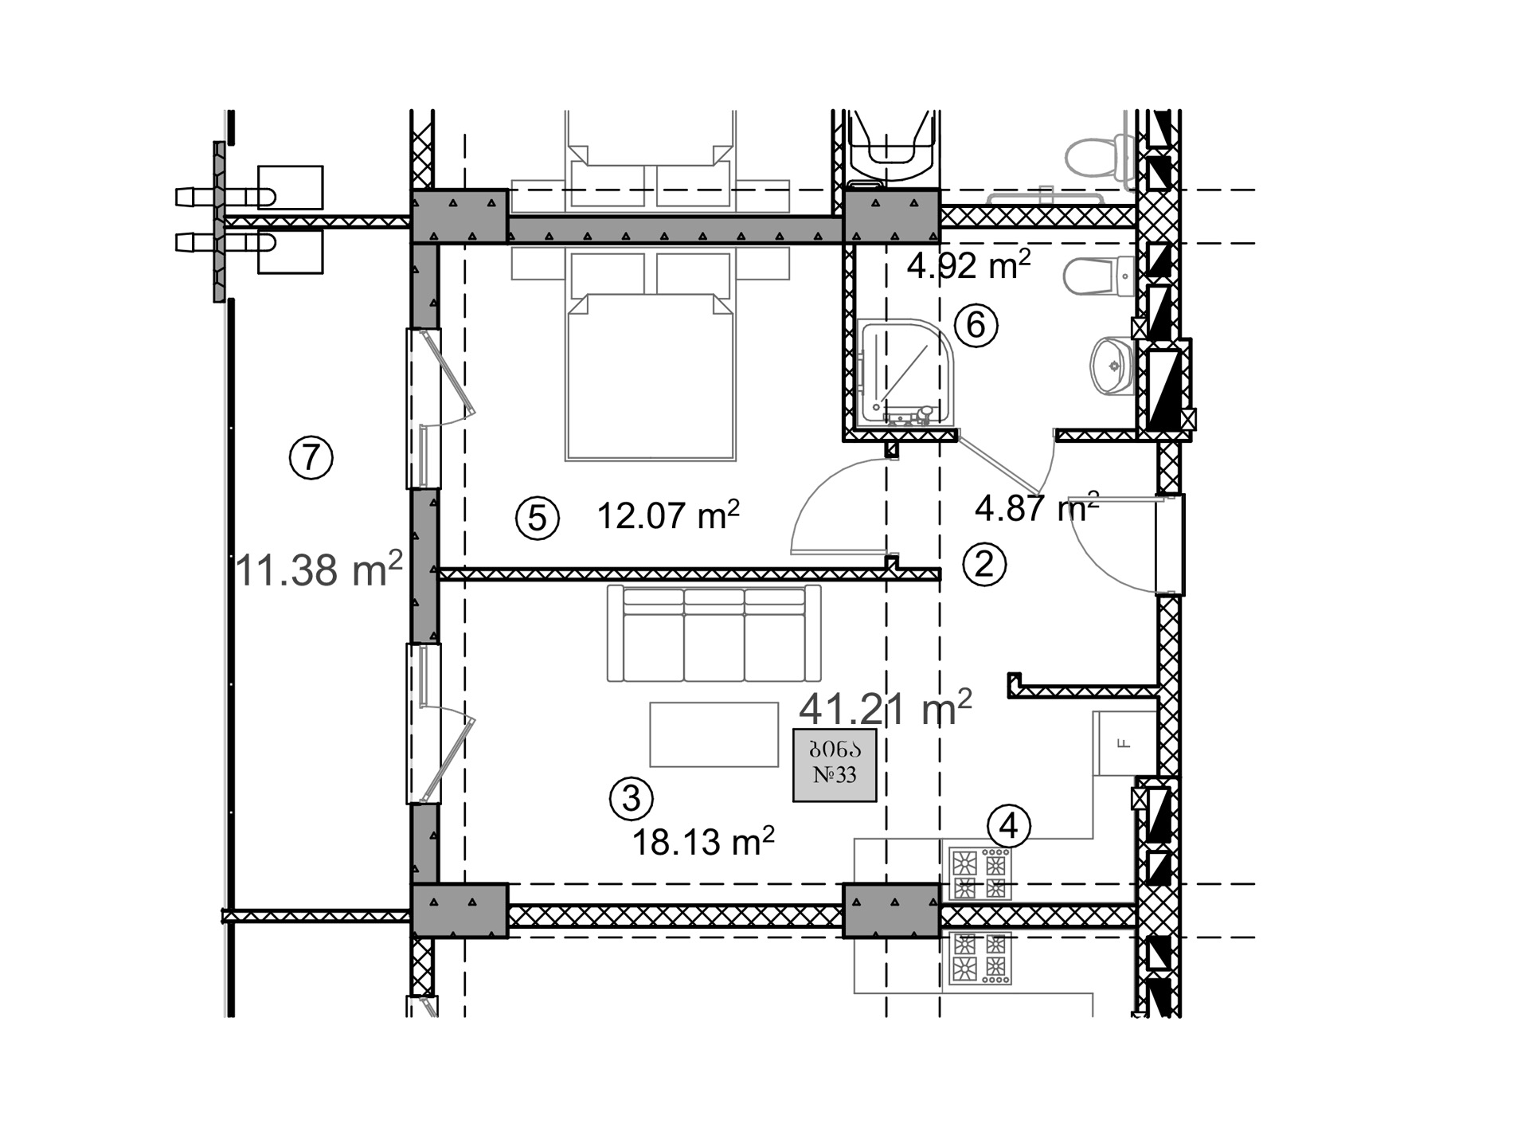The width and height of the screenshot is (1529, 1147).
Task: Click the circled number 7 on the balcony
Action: click(x=311, y=458)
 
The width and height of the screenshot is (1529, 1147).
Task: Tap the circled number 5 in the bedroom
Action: click(x=538, y=519)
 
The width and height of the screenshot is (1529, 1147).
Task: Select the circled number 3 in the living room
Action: click(x=632, y=798)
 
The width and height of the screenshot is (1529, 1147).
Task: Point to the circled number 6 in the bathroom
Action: click(x=976, y=325)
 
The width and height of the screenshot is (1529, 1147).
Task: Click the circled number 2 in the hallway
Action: click(x=985, y=565)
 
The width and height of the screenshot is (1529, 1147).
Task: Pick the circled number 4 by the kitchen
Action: click(x=1009, y=826)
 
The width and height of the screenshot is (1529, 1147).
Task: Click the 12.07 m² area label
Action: click(x=668, y=515)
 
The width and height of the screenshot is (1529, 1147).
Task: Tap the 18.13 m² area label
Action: click(x=703, y=841)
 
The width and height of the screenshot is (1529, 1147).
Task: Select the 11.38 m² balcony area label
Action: click(x=319, y=569)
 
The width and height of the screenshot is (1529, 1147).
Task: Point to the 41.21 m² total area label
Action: click(x=886, y=707)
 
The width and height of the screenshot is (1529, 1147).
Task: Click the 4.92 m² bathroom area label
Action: click(x=969, y=264)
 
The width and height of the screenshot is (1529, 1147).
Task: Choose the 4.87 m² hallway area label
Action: click(x=1037, y=507)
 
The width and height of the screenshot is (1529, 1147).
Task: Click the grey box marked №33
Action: click(x=835, y=765)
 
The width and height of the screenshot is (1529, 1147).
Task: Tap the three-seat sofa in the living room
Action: click(x=714, y=634)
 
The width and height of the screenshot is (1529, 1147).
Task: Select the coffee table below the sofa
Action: click(x=714, y=734)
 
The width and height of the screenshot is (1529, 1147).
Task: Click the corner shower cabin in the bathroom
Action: click(x=906, y=373)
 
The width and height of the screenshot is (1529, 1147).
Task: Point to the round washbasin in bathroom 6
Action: click(x=1112, y=366)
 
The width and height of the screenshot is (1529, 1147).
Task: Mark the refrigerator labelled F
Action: click(x=1124, y=743)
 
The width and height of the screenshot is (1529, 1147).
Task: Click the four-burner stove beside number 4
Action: click(x=980, y=874)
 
